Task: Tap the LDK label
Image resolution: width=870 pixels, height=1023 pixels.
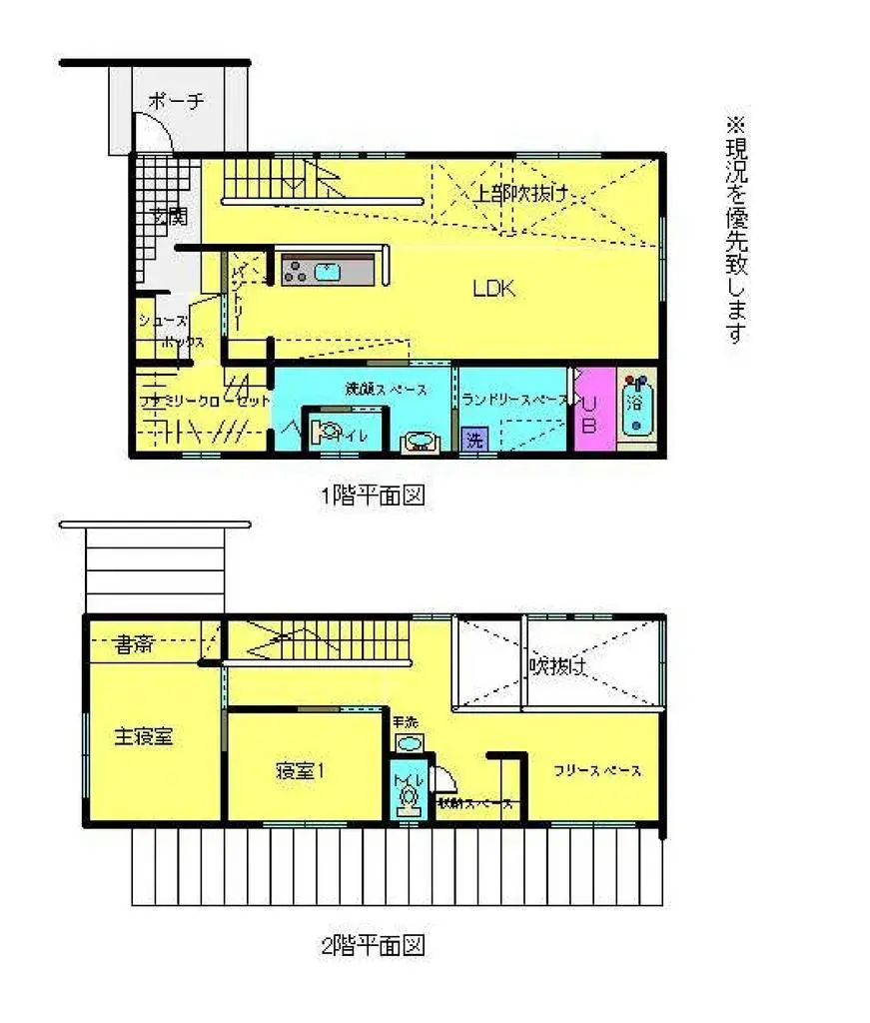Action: [x=493, y=290]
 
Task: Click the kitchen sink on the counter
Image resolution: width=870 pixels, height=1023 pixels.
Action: [x=328, y=269]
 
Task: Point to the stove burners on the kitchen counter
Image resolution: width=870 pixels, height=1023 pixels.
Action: [x=298, y=269]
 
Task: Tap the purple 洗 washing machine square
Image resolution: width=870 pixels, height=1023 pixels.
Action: [x=473, y=440]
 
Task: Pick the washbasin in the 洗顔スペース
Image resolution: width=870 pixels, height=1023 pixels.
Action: [x=420, y=443]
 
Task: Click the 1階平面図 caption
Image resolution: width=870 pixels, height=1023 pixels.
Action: [x=373, y=495]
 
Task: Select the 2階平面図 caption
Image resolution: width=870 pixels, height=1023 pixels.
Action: [x=373, y=945]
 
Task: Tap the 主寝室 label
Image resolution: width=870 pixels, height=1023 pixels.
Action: [x=143, y=737]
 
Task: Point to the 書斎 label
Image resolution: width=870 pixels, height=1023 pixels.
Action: [x=133, y=644]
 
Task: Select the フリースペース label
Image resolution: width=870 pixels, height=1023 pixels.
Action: [x=598, y=771]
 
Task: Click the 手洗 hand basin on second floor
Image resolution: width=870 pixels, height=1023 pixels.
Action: [x=409, y=743]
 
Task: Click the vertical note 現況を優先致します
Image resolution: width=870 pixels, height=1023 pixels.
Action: [x=736, y=231]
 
